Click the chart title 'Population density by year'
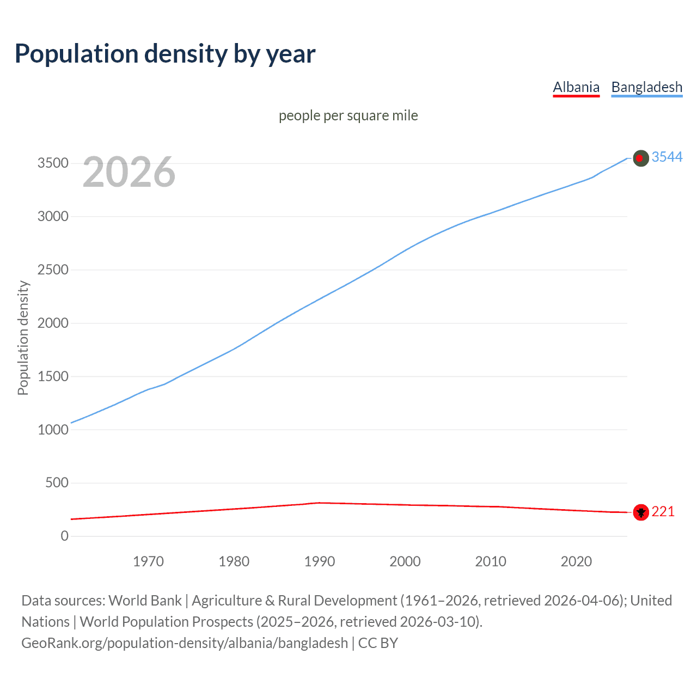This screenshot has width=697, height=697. click(165, 54)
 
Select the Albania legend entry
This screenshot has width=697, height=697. click(576, 87)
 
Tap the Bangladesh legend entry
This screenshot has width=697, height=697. click(646, 87)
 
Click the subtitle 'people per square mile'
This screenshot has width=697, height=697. click(348, 116)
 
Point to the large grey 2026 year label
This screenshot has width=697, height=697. click(129, 172)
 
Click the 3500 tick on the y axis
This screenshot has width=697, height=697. click(53, 163)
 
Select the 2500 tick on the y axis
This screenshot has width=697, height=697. click(53, 270)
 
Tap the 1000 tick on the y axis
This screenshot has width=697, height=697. click(53, 430)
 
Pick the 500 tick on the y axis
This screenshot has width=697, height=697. click(57, 483)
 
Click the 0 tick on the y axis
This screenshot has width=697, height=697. click(65, 536)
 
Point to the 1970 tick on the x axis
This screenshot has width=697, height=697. click(148, 561)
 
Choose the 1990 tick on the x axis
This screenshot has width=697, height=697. click(320, 561)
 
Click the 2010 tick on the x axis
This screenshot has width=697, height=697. click(491, 561)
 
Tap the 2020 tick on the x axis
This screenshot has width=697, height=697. click(576, 561)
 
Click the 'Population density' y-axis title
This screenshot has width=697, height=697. click(23, 338)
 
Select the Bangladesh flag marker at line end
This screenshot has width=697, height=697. click(641, 158)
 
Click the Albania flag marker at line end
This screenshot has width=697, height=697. click(641, 512)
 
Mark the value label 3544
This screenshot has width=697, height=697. click(667, 157)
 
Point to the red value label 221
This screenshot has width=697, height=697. click(663, 512)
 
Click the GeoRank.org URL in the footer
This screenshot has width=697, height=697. click(185, 643)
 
